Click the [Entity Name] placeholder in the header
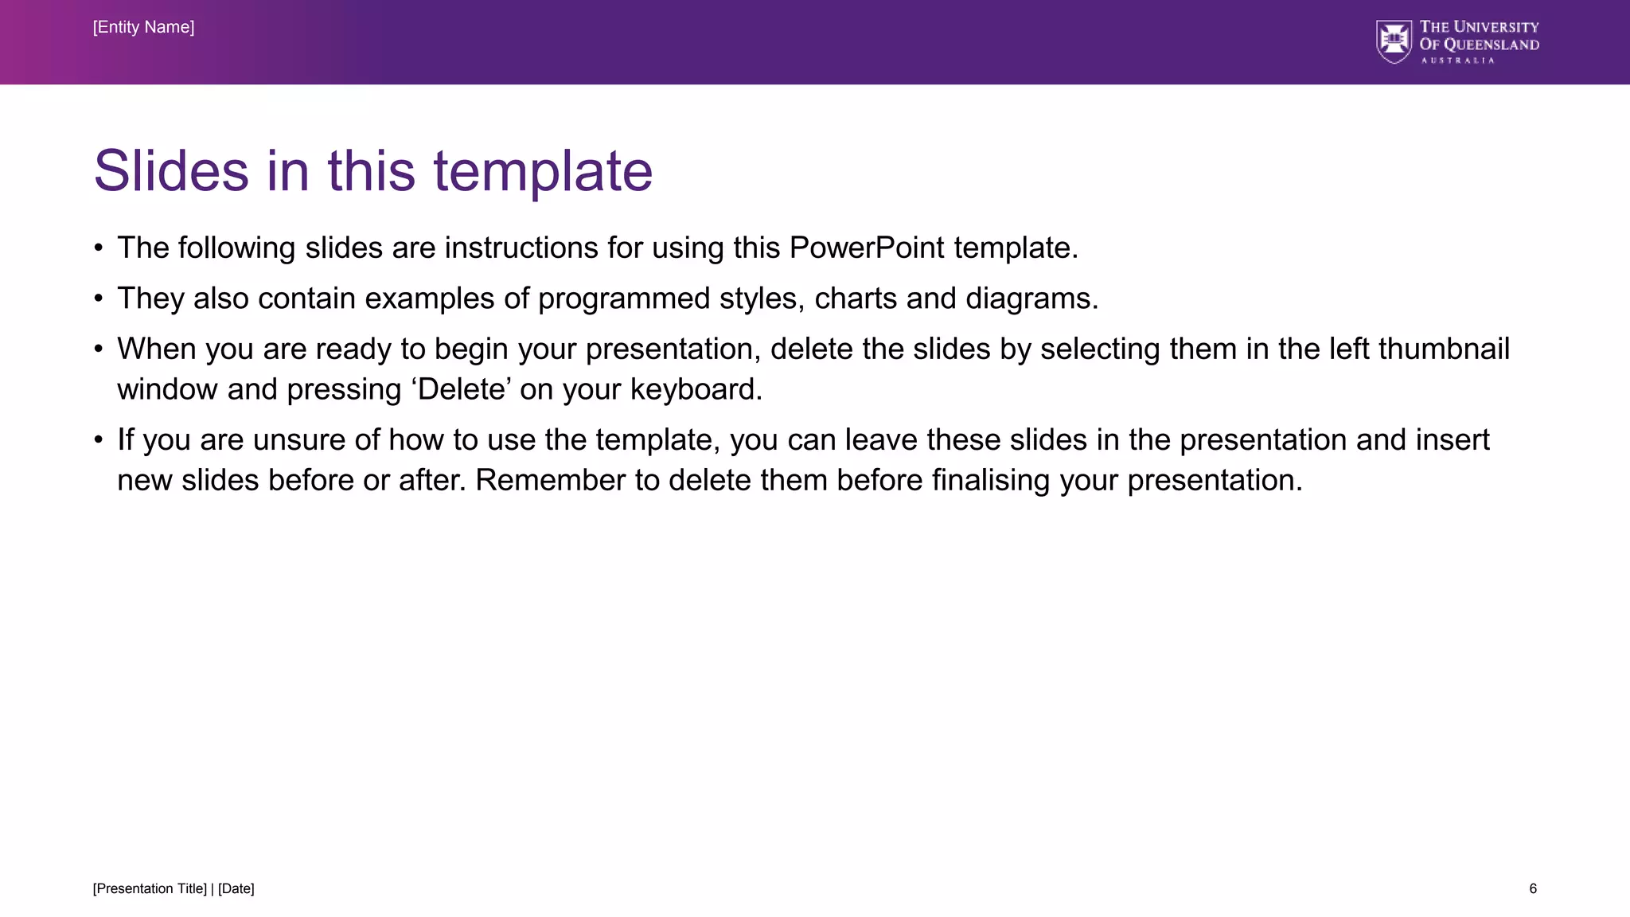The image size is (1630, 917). pyautogui.click(x=143, y=27)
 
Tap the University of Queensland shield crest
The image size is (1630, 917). pyautogui.click(x=1394, y=41)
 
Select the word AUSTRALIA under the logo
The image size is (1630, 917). pyautogui.click(x=1458, y=60)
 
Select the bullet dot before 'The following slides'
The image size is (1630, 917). pyautogui.click(x=98, y=248)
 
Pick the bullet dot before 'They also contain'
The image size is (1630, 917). pyautogui.click(x=98, y=299)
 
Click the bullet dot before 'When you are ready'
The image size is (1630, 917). pyautogui.click(x=98, y=349)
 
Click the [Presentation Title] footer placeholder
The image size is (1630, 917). pyautogui.click(x=150, y=888)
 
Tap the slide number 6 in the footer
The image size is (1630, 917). pyautogui.click(x=1533, y=888)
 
